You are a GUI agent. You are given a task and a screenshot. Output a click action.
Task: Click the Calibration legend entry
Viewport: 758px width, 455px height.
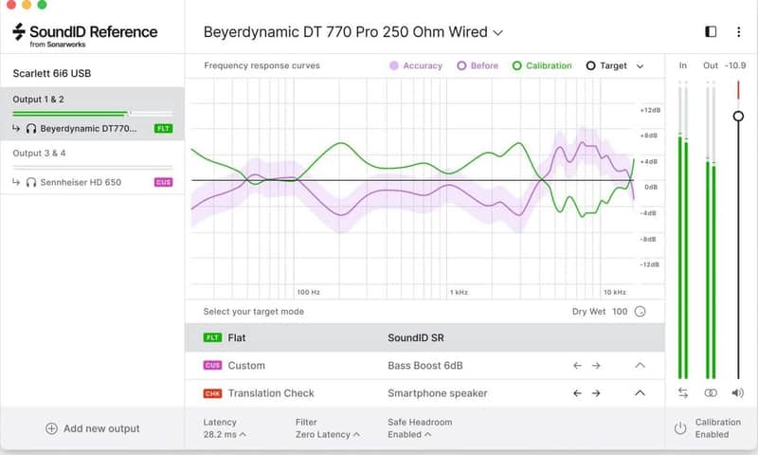tap(542, 65)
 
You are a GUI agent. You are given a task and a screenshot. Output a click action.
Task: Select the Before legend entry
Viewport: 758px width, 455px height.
tap(478, 65)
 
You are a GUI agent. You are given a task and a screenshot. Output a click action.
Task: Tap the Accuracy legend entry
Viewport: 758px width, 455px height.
tap(416, 65)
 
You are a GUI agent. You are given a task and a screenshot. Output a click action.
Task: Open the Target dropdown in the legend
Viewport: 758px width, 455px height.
tap(614, 65)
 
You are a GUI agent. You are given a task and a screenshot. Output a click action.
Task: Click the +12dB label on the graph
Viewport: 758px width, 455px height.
tap(650, 110)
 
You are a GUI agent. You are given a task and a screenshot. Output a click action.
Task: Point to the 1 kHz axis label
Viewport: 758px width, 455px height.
tap(459, 292)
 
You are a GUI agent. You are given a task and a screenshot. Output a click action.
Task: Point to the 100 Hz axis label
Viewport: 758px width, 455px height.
tap(309, 292)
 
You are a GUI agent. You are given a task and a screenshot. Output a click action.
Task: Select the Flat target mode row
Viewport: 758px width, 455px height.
tap(424, 337)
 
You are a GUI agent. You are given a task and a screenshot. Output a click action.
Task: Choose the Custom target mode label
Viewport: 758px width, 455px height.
tap(246, 366)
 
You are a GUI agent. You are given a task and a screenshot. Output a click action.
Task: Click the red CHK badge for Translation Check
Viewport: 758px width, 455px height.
tap(212, 393)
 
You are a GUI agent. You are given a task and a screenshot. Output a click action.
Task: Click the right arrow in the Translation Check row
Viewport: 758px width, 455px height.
tap(596, 393)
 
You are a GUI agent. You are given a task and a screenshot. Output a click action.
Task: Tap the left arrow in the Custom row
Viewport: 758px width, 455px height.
tap(577, 366)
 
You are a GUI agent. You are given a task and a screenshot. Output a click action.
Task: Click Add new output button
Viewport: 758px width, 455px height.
tap(92, 428)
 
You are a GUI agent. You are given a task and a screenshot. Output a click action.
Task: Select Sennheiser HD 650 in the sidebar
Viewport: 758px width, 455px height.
tap(81, 182)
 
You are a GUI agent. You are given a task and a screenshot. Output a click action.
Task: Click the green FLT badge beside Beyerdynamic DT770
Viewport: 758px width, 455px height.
tap(163, 129)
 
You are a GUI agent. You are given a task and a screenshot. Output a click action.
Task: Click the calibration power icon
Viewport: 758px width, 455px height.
tap(680, 428)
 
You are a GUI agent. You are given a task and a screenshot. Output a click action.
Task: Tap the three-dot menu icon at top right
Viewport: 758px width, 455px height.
tap(738, 32)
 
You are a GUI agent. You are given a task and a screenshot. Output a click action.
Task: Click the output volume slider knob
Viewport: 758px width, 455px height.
tap(738, 116)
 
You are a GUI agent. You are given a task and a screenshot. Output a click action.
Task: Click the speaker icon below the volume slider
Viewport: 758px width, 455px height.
tap(738, 392)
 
